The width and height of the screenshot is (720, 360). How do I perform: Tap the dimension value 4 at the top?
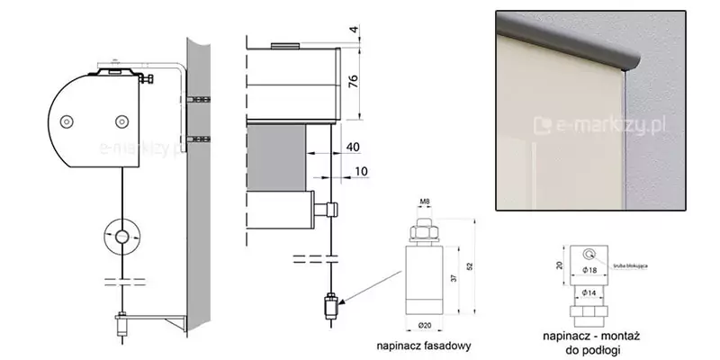(x=354, y=30)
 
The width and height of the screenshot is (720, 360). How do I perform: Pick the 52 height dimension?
(x=469, y=265)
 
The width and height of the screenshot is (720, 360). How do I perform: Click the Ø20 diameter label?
(x=425, y=326)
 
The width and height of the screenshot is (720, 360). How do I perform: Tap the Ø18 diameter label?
(x=589, y=269)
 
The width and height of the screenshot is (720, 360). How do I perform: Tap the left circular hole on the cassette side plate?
(x=65, y=121)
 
